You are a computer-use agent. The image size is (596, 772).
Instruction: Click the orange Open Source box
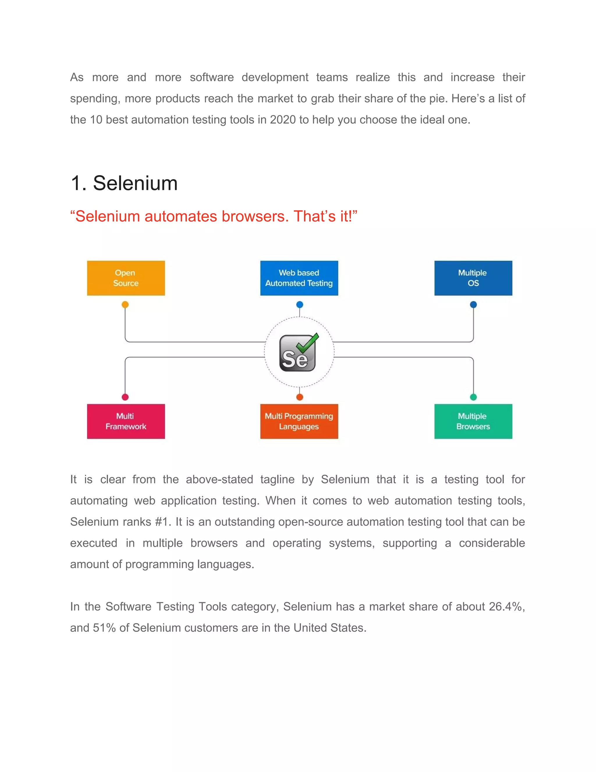126,278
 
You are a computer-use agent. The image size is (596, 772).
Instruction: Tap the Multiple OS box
473,278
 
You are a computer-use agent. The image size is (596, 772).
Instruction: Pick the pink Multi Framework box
126,421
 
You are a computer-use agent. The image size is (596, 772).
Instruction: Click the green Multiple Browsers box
473,421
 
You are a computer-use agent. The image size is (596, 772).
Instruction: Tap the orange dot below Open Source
125,304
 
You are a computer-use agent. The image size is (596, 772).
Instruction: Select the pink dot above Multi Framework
125,397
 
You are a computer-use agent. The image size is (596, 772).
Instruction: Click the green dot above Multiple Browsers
473,397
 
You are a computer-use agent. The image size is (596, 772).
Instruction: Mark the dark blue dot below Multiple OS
473,304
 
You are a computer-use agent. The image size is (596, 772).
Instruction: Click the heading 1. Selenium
124,183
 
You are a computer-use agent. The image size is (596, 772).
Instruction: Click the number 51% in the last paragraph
104,628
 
